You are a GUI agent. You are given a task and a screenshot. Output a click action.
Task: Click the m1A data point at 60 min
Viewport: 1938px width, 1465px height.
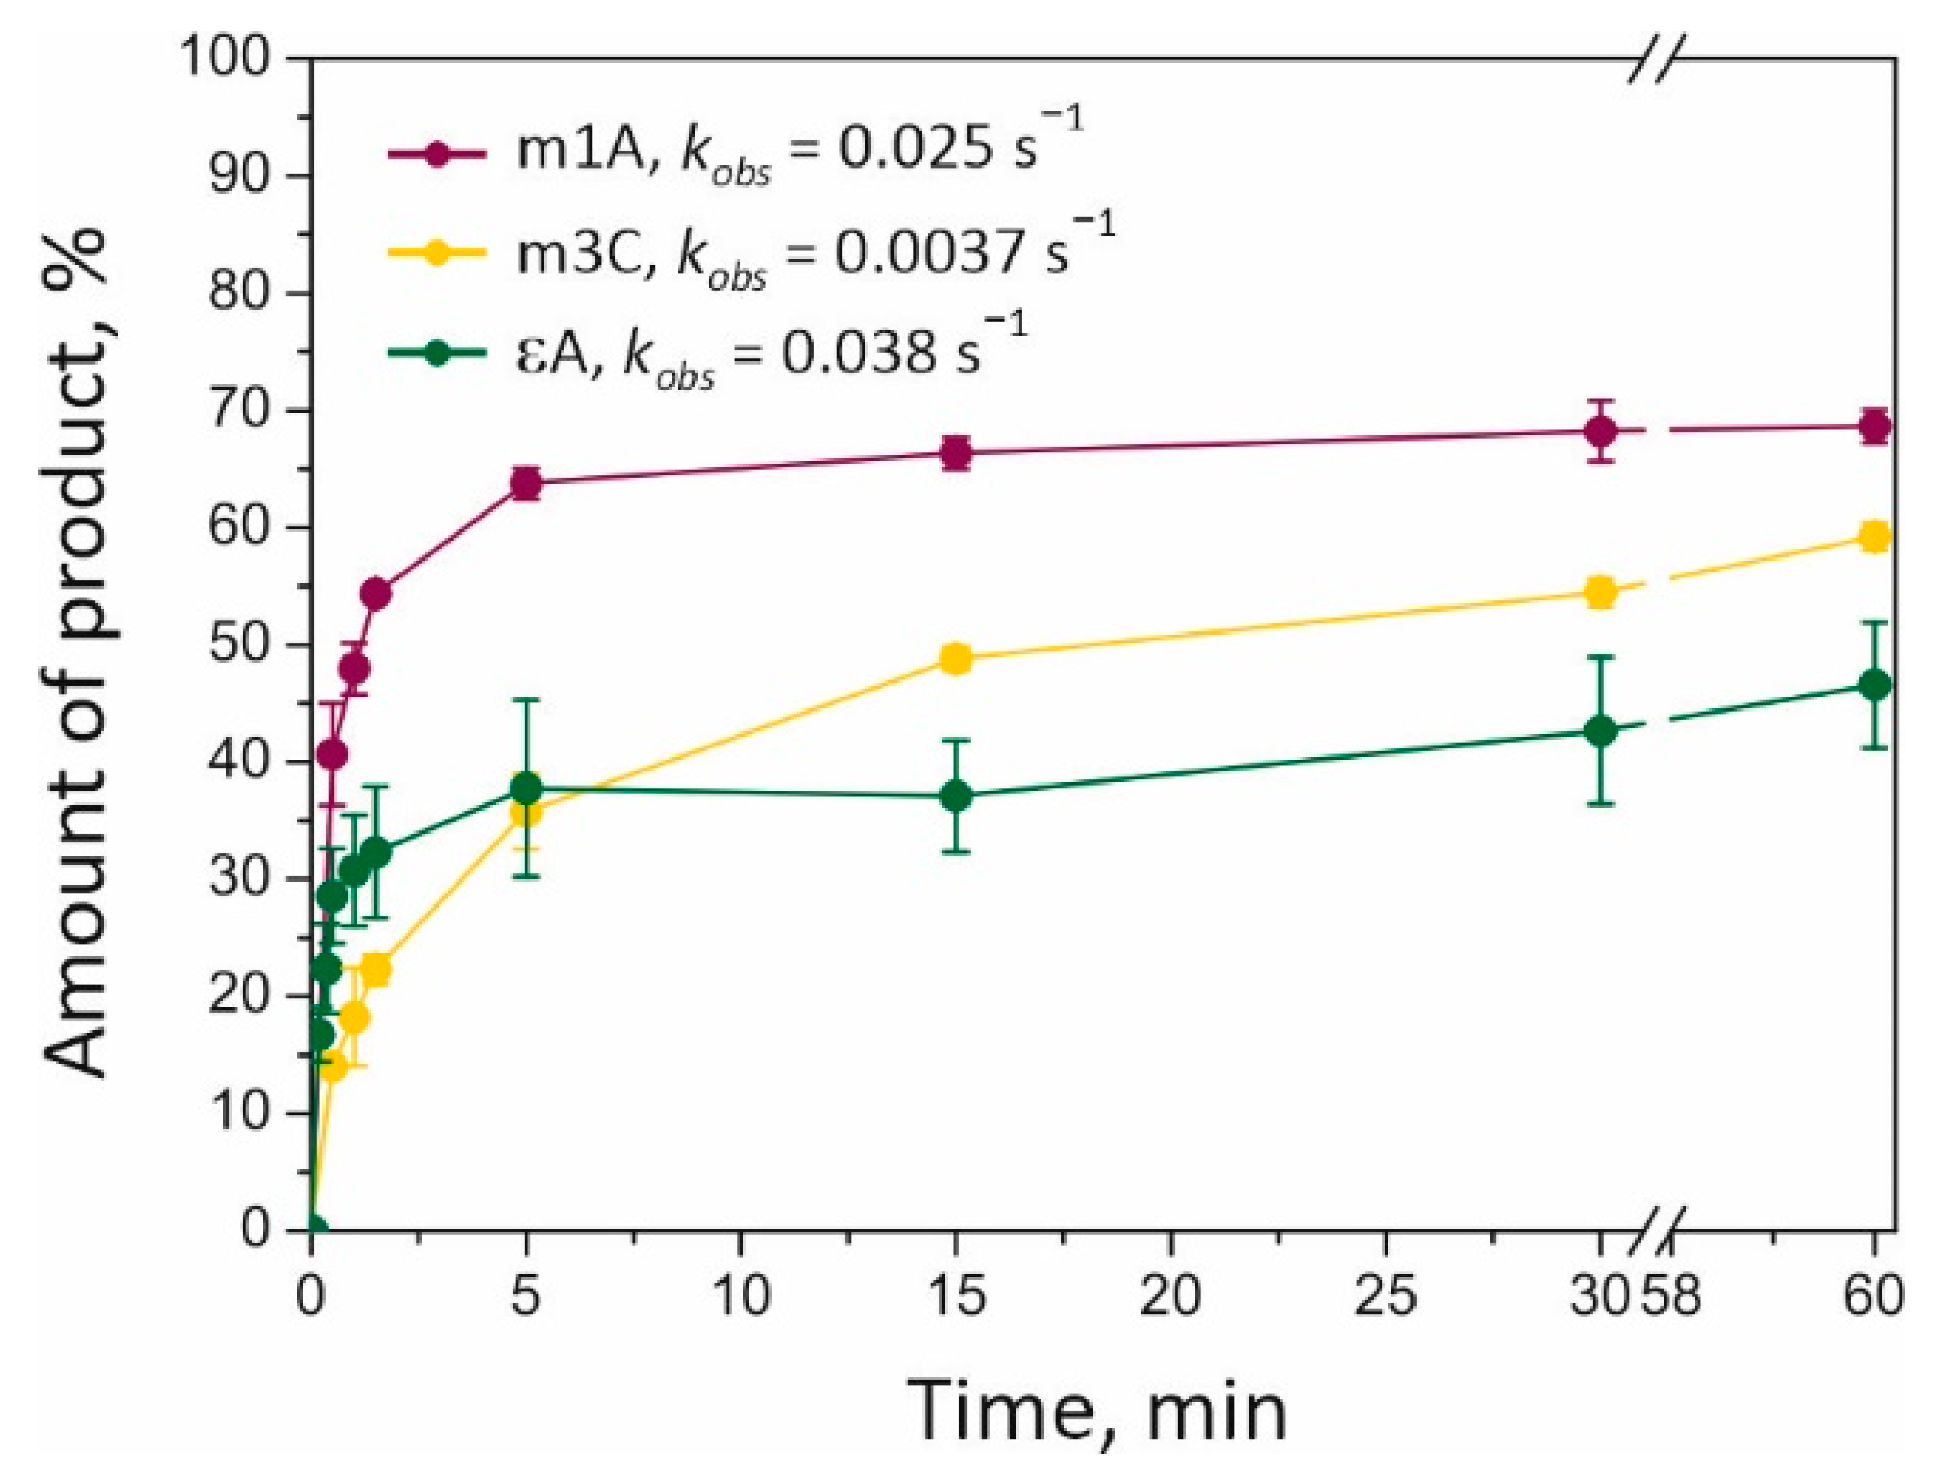[x=1874, y=427]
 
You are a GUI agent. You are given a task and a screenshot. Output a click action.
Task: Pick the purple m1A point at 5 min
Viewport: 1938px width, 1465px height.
[x=526, y=483]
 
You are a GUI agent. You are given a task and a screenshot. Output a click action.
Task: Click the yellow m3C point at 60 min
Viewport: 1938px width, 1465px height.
[x=1874, y=536]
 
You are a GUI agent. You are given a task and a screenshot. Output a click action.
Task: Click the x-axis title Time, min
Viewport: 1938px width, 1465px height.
[x=1095, y=1413]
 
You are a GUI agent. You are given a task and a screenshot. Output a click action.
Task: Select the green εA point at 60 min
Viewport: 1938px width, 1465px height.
[x=1874, y=684]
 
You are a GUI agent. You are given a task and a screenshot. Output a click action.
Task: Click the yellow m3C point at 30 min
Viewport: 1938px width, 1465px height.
[x=1601, y=593]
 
